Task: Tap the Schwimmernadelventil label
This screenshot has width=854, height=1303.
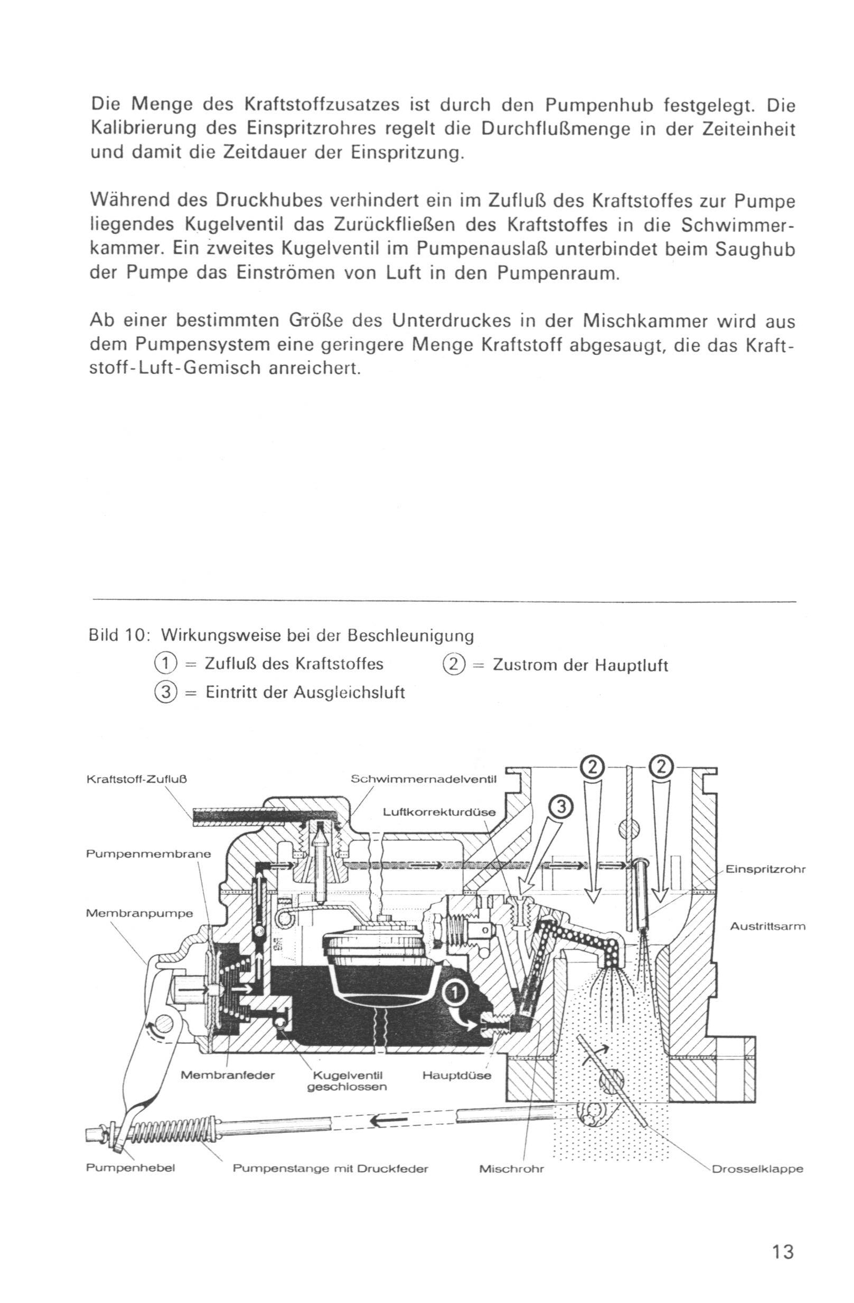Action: (x=423, y=779)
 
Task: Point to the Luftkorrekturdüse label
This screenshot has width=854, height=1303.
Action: (x=439, y=812)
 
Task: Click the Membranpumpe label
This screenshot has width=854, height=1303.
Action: (x=139, y=913)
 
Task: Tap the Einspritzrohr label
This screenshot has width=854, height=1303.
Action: (x=765, y=870)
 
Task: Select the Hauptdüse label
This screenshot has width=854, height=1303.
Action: (x=457, y=1075)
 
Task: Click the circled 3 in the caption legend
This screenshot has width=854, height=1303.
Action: (x=163, y=692)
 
